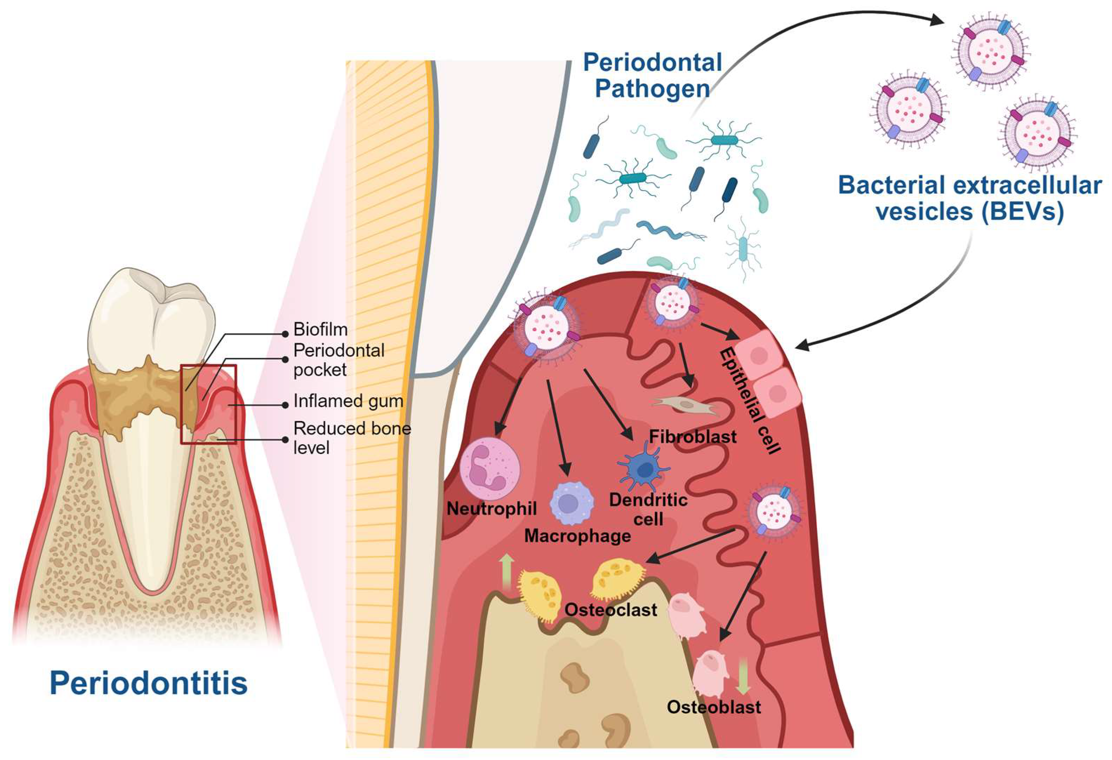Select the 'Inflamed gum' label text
tap(348, 401)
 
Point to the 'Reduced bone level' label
tap(352, 438)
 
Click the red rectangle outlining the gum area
tap(208, 366)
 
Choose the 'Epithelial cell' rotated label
tap(749, 400)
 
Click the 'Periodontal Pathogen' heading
tap(652, 76)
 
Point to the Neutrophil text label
tap(491, 509)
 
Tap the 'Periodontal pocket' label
tap(338, 360)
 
